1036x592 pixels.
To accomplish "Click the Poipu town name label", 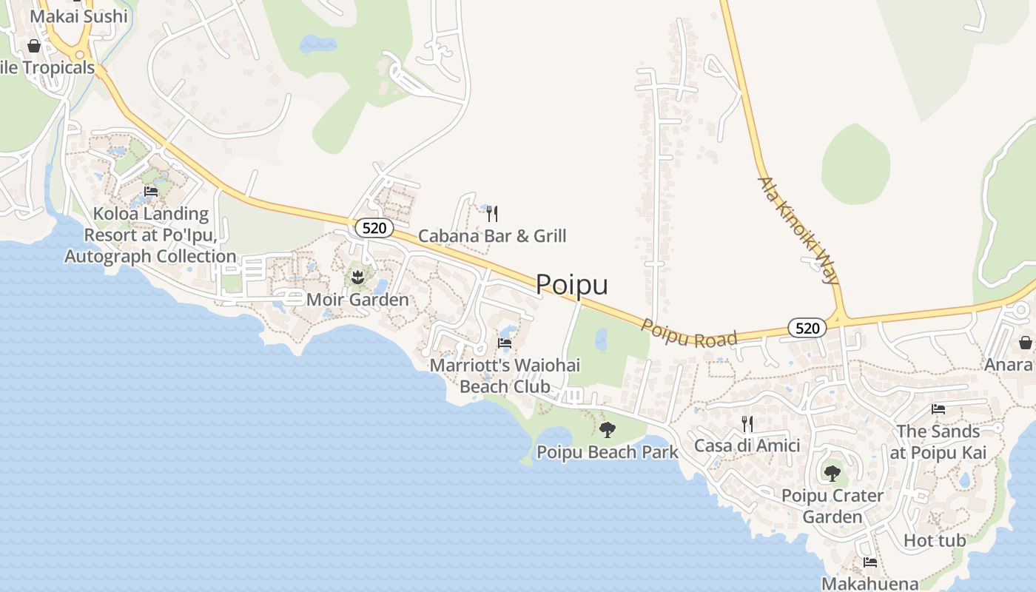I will (x=571, y=285).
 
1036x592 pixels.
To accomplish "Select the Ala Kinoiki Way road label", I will (x=798, y=230).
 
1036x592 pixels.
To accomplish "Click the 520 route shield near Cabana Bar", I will (x=374, y=228).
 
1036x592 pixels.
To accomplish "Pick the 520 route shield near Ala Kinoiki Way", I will (x=807, y=328).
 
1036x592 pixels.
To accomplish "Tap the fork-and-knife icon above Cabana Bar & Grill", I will (x=492, y=214).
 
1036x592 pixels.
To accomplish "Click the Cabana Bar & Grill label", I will (x=492, y=236).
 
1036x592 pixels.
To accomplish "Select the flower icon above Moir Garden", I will (x=357, y=277).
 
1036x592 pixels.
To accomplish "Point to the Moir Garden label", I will (x=357, y=300).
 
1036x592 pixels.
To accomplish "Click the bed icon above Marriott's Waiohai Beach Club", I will (x=505, y=343).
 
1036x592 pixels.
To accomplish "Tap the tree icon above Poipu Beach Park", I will (x=608, y=429).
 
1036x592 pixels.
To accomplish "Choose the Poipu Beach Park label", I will (x=607, y=452).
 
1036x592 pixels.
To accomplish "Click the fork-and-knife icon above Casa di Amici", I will (x=747, y=423).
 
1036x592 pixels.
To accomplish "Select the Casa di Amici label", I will (x=747, y=445).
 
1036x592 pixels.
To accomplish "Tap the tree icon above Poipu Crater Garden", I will (x=832, y=473).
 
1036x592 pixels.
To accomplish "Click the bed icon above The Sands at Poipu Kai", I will (x=938, y=408).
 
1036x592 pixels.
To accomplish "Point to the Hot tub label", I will (x=935, y=541).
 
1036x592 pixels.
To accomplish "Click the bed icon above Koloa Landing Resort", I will (x=151, y=191).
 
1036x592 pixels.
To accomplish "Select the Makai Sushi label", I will (x=78, y=16).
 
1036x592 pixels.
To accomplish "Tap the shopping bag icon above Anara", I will (x=1026, y=343).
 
